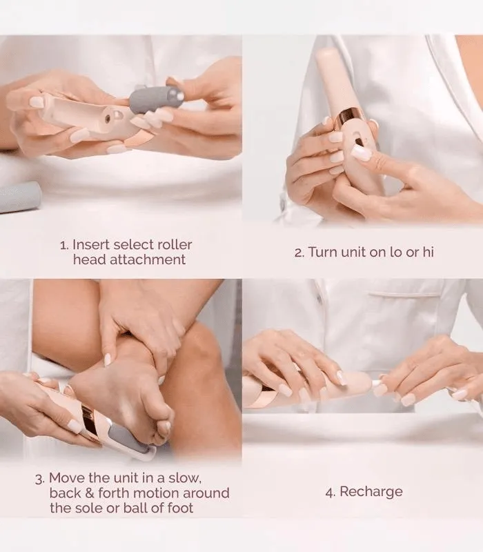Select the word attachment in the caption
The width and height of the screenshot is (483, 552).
[x=147, y=259]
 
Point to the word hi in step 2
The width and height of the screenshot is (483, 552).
[x=428, y=252]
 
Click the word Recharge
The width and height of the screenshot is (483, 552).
[x=371, y=492]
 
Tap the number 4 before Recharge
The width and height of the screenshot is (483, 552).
[x=329, y=492]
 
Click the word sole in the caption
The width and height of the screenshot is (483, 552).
[x=87, y=508]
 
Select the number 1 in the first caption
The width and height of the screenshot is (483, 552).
[x=63, y=245]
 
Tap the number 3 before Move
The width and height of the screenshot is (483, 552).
[x=39, y=479]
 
